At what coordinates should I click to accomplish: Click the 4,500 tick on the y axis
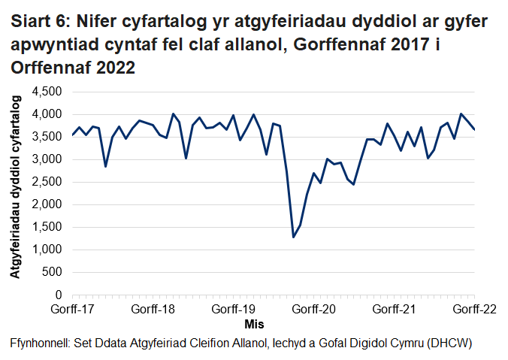click(x=49, y=92)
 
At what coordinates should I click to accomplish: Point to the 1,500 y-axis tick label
click(x=49, y=227)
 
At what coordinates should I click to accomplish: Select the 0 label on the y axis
click(x=59, y=295)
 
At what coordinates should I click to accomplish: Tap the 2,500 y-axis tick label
click(x=49, y=182)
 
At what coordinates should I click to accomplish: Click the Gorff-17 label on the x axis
click(x=72, y=309)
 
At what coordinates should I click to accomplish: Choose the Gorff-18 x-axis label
click(x=153, y=309)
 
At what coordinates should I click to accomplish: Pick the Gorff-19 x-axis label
click(x=234, y=309)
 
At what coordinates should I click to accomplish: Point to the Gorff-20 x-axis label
click(x=314, y=309)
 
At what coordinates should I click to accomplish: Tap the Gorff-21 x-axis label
click(x=395, y=309)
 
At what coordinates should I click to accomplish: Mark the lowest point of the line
click(x=293, y=237)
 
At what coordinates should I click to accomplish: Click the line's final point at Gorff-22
click(x=474, y=130)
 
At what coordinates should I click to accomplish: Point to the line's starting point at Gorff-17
click(x=72, y=135)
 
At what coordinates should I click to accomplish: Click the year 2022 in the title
click(x=115, y=68)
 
